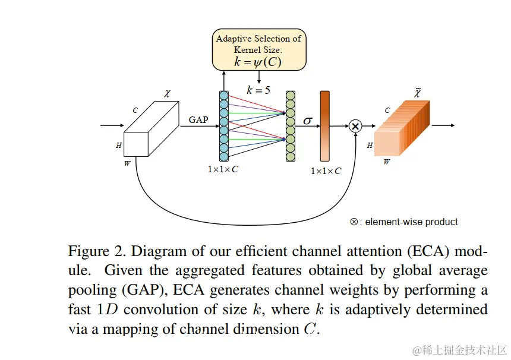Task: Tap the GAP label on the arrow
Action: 198,120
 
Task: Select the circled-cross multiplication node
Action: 355,126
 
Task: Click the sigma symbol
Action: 308,120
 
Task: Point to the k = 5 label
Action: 258,90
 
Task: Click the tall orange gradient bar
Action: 324,126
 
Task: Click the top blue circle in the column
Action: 223,96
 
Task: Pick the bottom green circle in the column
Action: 291,157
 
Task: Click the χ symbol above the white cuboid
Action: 167,93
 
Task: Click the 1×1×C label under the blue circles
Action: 223,169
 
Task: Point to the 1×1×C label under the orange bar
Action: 326,171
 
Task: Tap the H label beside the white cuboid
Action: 118,144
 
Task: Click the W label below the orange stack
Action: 387,162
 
